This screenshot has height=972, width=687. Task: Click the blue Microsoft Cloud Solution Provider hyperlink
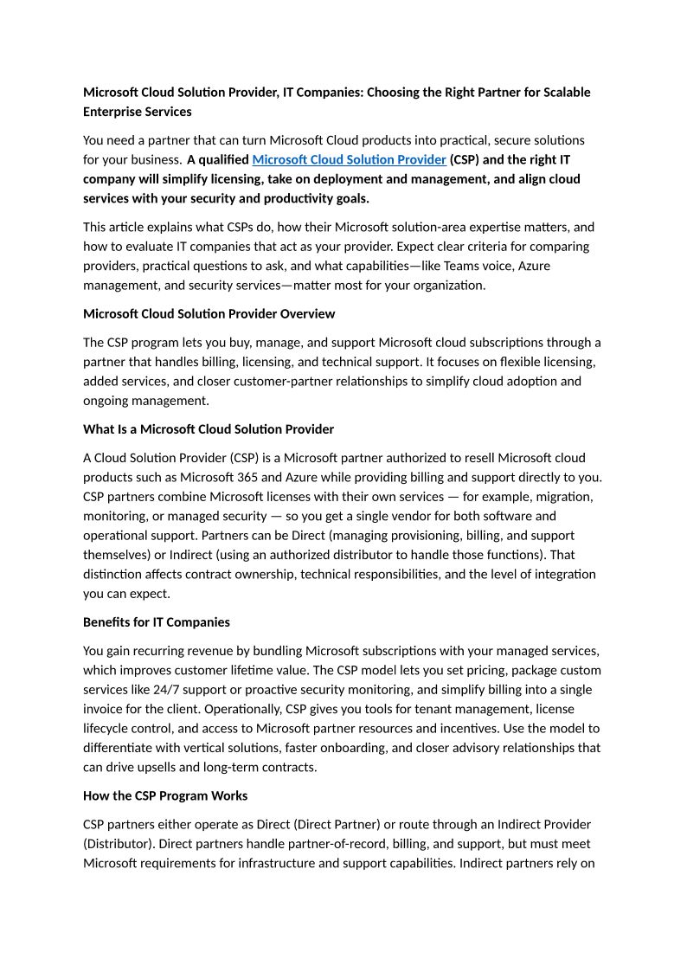click(349, 159)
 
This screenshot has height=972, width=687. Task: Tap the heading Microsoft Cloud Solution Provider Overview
click(209, 313)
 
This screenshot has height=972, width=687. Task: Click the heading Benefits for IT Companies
click(157, 622)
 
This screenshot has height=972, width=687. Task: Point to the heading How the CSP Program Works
click(165, 795)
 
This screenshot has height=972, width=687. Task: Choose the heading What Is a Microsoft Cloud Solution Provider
click(209, 429)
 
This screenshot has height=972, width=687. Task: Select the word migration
click(563, 497)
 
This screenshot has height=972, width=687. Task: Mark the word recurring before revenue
click(163, 651)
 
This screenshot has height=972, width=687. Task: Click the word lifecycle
click(107, 729)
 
